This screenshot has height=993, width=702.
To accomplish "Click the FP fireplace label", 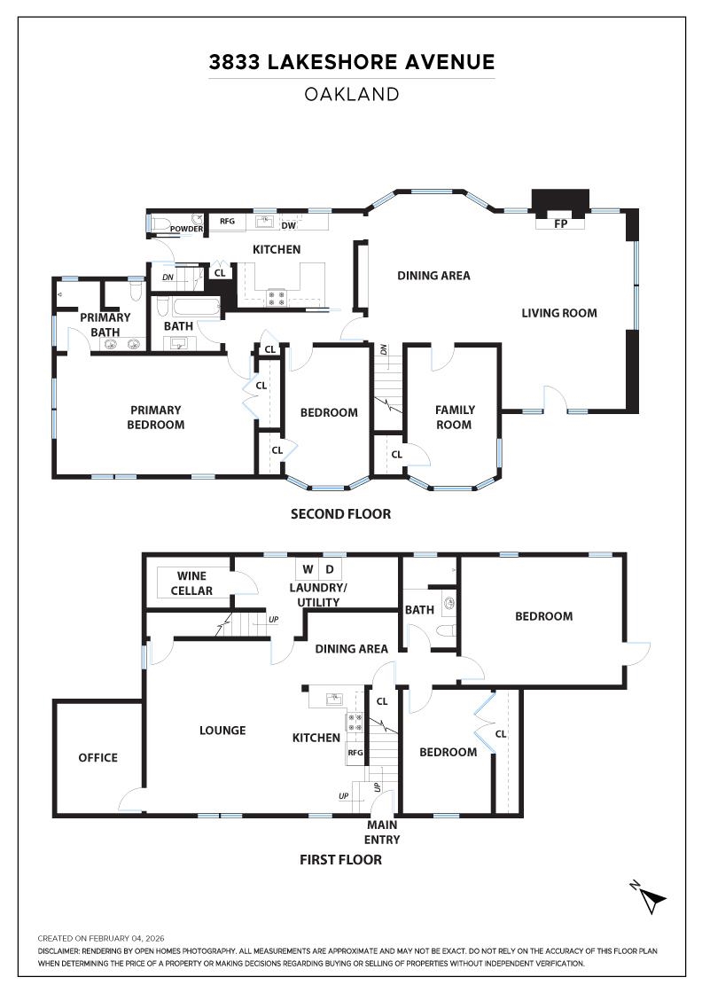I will (x=559, y=224).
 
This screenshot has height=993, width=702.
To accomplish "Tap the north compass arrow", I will (x=651, y=898).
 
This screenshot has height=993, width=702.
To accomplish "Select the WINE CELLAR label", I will (x=191, y=583).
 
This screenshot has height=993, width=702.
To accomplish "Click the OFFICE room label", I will (x=97, y=757).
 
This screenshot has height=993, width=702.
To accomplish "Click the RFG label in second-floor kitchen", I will (x=227, y=222).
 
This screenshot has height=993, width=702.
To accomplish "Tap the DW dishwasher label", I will (x=288, y=225).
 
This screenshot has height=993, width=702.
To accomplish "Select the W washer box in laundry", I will (x=308, y=568).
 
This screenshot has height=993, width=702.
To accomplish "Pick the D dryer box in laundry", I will (x=330, y=568).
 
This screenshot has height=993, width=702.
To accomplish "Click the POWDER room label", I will (x=187, y=230).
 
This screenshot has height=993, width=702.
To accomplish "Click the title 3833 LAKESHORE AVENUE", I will (x=351, y=62).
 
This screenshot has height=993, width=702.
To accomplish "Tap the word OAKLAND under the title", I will (x=351, y=94).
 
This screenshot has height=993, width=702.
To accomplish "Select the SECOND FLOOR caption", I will (x=340, y=513).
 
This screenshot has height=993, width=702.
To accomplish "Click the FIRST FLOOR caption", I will (x=340, y=859).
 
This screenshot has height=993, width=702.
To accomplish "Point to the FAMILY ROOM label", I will (x=455, y=417).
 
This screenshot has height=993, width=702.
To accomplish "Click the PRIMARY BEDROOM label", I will (x=157, y=417).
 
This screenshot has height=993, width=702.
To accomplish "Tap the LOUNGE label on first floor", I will (x=222, y=731).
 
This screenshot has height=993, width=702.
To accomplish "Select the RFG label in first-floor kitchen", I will (x=355, y=753).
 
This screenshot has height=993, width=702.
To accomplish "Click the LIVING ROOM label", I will (x=558, y=312).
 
